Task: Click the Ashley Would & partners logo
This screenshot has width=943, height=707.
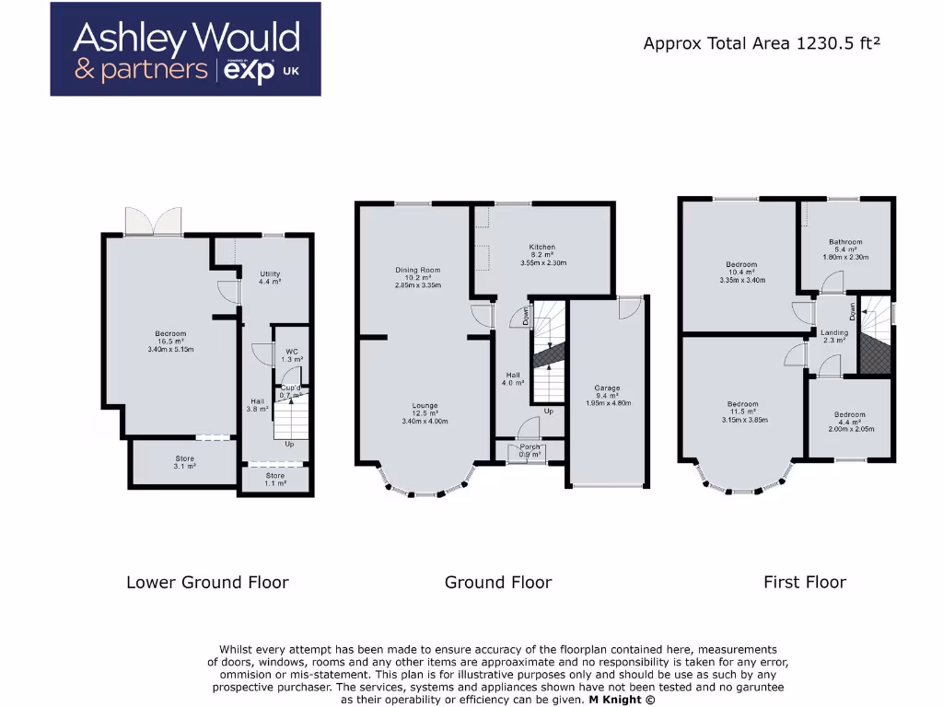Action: [x=185, y=50]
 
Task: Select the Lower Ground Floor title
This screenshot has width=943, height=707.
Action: [x=207, y=582]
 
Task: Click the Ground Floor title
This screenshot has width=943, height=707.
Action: [x=498, y=582]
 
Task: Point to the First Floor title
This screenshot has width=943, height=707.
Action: [x=804, y=582]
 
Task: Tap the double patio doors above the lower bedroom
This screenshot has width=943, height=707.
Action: [x=153, y=222]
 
